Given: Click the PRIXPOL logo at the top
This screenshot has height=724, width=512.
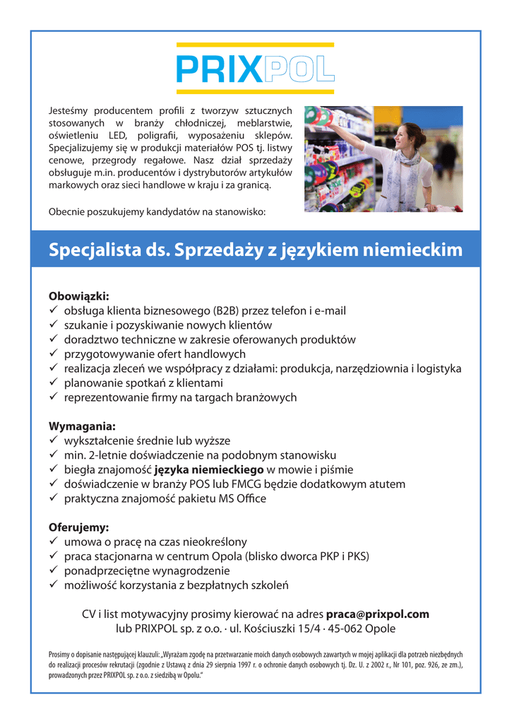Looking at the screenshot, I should point(255,69).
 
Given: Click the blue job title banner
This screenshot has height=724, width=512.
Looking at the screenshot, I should point(256,250).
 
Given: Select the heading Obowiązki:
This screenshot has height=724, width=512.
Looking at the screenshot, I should point(79,296).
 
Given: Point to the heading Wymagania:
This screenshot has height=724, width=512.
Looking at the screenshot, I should point(82,426).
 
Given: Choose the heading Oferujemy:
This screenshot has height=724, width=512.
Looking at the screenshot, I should point(78,527).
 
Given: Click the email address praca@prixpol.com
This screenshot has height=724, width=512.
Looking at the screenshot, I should point(377,614).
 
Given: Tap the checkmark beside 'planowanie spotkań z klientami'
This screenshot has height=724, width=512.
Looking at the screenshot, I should point(54,383).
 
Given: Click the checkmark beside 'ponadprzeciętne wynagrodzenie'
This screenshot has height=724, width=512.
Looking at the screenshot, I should point(54,571).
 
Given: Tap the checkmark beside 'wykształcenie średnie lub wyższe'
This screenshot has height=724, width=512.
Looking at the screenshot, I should point(54,440).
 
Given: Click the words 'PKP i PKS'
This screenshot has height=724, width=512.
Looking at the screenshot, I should point(343,556).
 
